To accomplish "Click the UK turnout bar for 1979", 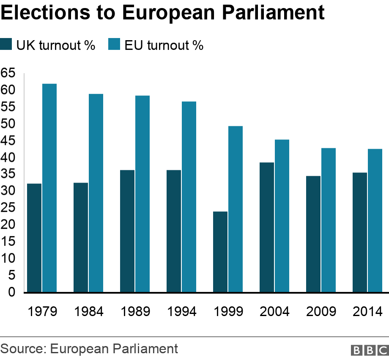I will point(34,238).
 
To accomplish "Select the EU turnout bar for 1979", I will point(49,188).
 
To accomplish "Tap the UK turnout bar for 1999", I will point(220,252).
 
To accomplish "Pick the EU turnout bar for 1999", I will point(236,209).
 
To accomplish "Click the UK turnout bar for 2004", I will point(267,227).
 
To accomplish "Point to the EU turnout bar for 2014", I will point(375,221).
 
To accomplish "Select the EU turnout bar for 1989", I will point(142,194).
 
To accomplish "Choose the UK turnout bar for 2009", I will point(313,234).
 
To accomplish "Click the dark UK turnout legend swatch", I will point(7,44).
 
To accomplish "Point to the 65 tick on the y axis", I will point(8,73).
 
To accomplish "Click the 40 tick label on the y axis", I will point(8,157).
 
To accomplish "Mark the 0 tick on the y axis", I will point(11,292).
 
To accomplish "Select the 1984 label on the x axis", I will point(89,312).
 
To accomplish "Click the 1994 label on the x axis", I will point(182,312).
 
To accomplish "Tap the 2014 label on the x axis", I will point(368,312).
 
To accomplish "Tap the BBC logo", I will point(369,350).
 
